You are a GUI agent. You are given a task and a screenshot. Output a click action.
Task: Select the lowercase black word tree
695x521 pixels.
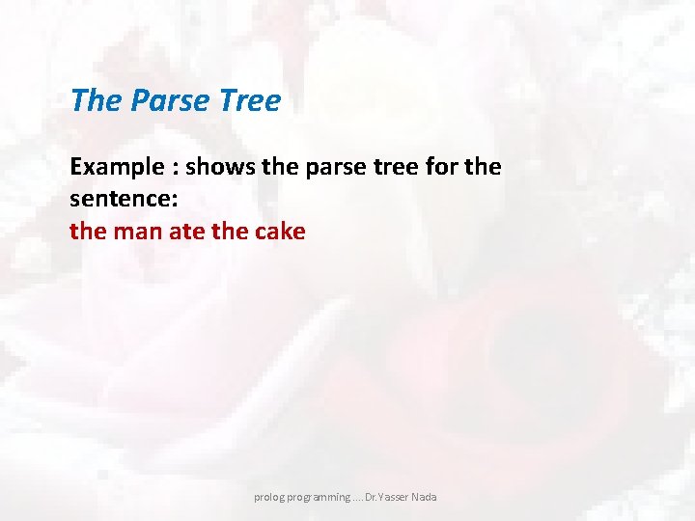pyautogui.click(x=383, y=167)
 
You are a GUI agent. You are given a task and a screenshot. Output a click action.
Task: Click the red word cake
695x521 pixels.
pyautogui.click(x=280, y=232)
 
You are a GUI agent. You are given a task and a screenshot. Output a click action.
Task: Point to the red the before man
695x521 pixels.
pyautogui.click(x=85, y=232)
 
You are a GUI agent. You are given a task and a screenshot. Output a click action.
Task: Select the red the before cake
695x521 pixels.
pyautogui.click(x=231, y=232)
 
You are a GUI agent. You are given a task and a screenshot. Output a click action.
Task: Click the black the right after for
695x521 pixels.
pyautogui.click(x=483, y=167)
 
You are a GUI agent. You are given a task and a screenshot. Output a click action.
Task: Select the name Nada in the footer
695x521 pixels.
pyautogui.click(x=423, y=497)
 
